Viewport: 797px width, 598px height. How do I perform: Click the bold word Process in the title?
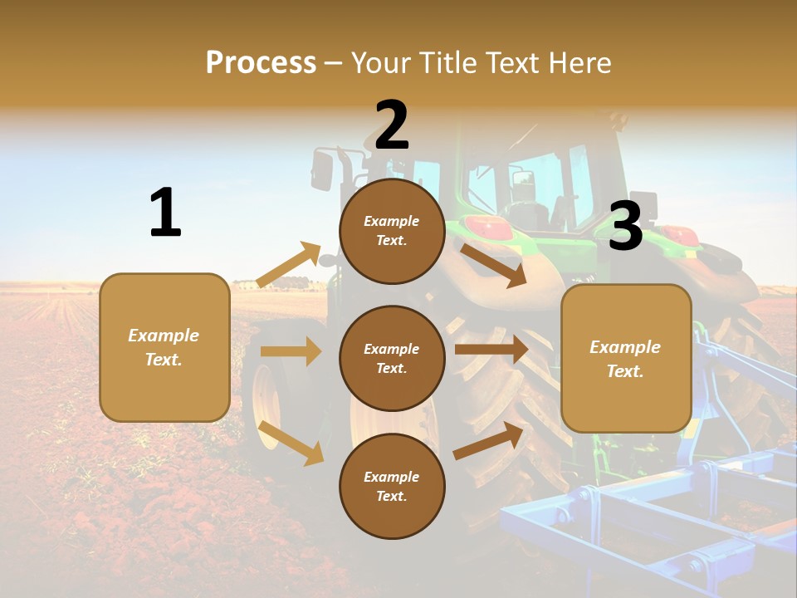(261, 62)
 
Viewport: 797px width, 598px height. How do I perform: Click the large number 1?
(165, 213)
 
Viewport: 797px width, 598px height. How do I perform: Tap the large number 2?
(392, 125)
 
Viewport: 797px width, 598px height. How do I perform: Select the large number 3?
(625, 226)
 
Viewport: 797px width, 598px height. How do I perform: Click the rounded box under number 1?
(164, 347)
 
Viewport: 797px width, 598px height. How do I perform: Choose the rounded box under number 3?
(626, 358)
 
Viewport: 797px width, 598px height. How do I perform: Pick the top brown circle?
(392, 231)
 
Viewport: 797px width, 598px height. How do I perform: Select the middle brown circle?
(392, 358)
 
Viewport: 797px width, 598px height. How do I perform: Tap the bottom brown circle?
(392, 486)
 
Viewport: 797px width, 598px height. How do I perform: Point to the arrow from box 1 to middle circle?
(291, 351)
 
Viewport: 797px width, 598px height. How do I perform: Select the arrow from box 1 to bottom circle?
(291, 442)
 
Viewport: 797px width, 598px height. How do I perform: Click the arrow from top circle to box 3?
(494, 265)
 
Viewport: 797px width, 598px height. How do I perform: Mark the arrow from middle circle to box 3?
(491, 349)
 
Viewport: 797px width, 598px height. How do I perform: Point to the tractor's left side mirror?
(321, 170)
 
